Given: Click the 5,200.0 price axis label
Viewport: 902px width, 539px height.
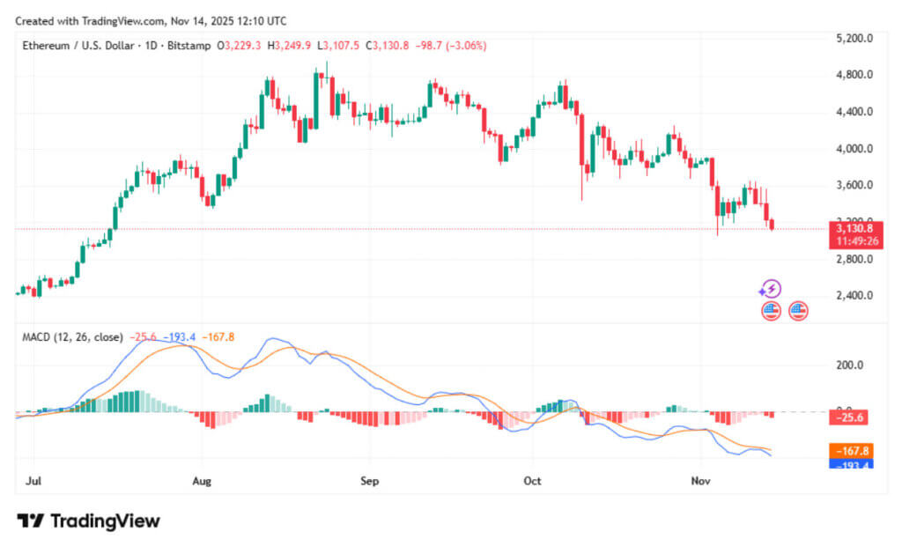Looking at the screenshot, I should pos(854,39).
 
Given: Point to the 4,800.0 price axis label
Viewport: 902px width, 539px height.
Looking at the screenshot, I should pos(854,75).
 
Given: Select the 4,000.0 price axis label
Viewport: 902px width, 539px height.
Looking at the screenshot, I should pos(854,149).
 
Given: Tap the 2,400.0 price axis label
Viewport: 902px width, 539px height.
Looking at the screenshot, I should pos(854,296).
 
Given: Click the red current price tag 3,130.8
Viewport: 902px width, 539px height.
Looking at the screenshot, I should pos(854,228).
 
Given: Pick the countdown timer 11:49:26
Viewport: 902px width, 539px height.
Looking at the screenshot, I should pos(854,241).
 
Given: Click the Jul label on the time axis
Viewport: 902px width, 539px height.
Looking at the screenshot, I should pos(34,482).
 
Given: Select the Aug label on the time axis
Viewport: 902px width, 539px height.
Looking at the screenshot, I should pos(202,482).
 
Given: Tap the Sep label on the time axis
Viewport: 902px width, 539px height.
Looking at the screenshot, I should pos(369,482).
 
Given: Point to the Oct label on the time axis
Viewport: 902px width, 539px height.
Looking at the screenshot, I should pos(531,482).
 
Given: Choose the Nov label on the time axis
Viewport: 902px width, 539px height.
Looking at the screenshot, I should pos(701,482).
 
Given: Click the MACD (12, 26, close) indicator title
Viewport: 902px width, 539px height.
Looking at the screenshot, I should pos(72,337).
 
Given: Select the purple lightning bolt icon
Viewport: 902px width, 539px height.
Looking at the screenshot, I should pos(771,289).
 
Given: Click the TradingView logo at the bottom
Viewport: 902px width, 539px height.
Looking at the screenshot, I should pos(89,521).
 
